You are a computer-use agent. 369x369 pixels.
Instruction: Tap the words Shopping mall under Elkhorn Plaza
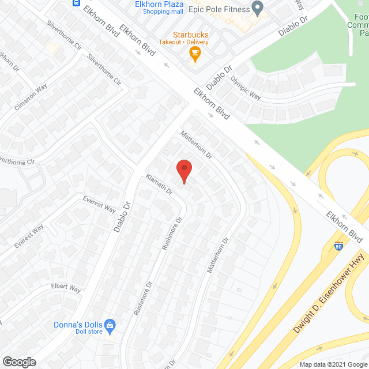point(163,12)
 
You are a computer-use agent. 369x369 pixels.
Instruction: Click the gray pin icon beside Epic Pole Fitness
point(258,9)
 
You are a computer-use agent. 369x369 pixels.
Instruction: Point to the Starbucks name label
point(190,35)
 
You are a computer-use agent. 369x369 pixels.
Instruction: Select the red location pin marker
point(183,171)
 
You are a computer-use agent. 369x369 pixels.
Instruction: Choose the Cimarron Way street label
point(32,99)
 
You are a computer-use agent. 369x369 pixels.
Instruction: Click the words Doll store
point(89,331)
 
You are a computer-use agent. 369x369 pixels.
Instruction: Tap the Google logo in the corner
point(19,362)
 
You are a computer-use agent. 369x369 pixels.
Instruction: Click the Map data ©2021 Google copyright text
point(333,364)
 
